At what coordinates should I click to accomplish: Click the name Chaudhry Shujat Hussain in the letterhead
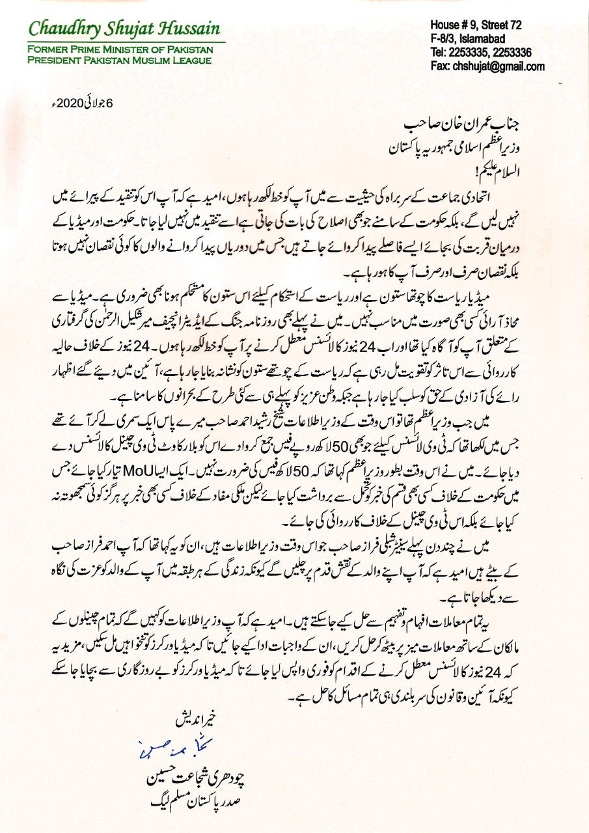tap(124, 29)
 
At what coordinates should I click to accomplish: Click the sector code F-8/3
tap(444, 39)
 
